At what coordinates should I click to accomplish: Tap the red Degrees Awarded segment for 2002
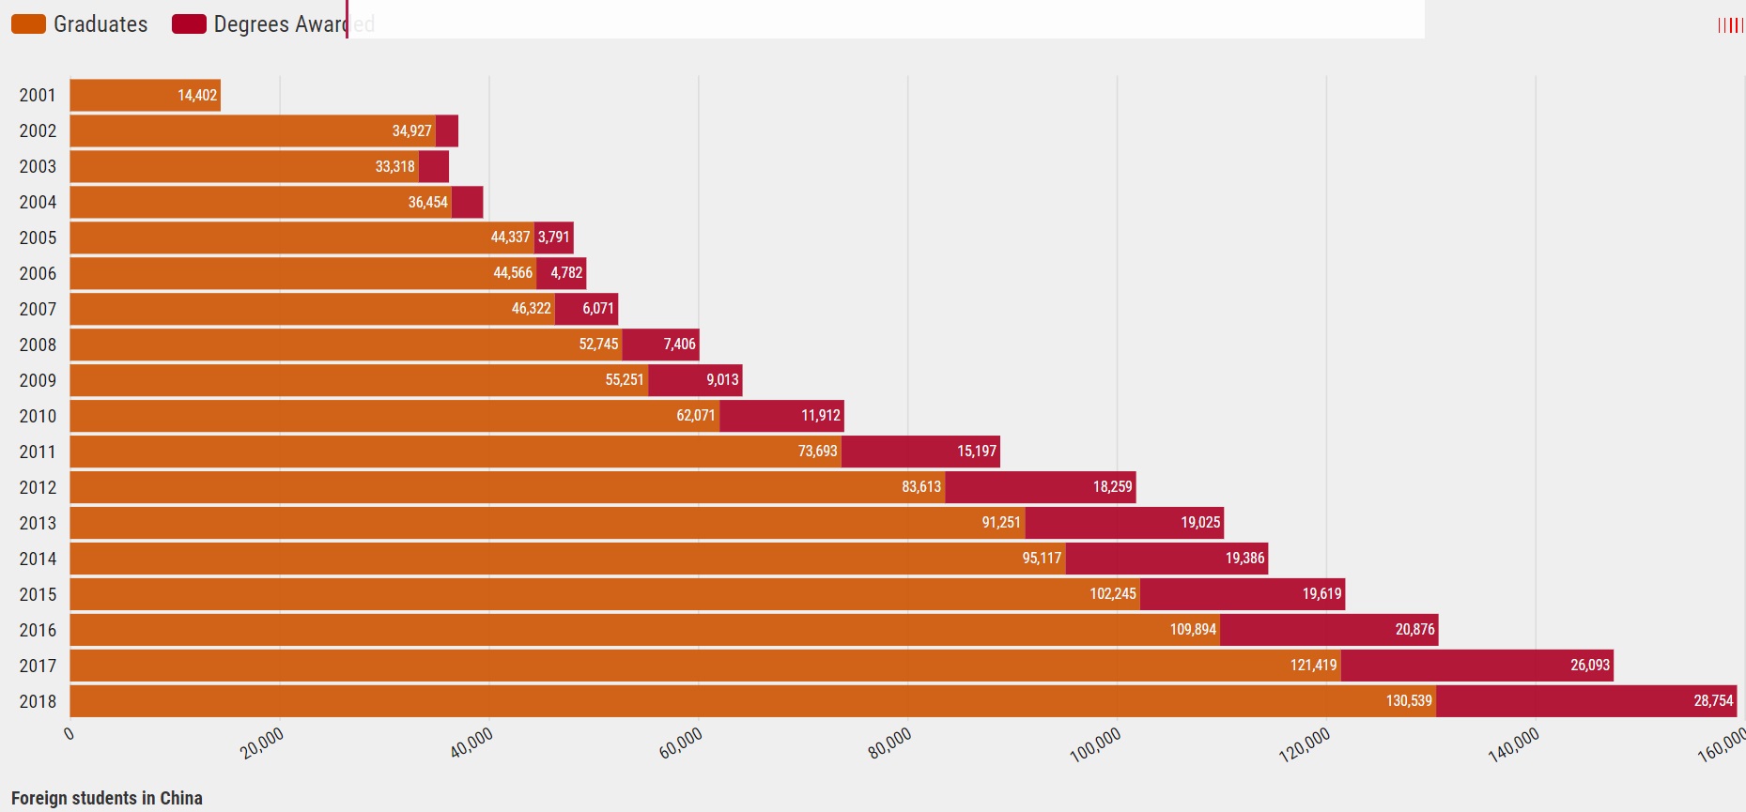pyautogui.click(x=447, y=130)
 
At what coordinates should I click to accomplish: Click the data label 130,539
pyautogui.click(x=1409, y=701)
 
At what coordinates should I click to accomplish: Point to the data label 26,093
pyautogui.click(x=1590, y=666)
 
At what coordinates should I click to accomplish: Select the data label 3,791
pyautogui.click(x=554, y=237)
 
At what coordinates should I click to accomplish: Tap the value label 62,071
pyautogui.click(x=696, y=416)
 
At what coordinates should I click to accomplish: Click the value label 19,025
pyautogui.click(x=1200, y=523)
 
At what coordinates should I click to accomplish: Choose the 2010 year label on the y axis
pyautogui.click(x=38, y=416)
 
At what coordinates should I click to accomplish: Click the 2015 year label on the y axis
pyautogui.click(x=38, y=594)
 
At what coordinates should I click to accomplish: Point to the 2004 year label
pyautogui.click(x=38, y=202)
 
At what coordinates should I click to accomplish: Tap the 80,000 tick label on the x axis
pyautogui.click(x=889, y=743)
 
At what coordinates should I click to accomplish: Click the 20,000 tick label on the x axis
pyautogui.click(x=262, y=743)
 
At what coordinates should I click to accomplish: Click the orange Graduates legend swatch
pyautogui.click(x=28, y=24)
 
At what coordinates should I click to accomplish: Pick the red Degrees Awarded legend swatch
pyautogui.click(x=189, y=24)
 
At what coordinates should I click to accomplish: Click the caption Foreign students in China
pyautogui.click(x=107, y=798)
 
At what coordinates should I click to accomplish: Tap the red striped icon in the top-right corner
pyautogui.click(x=1730, y=25)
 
